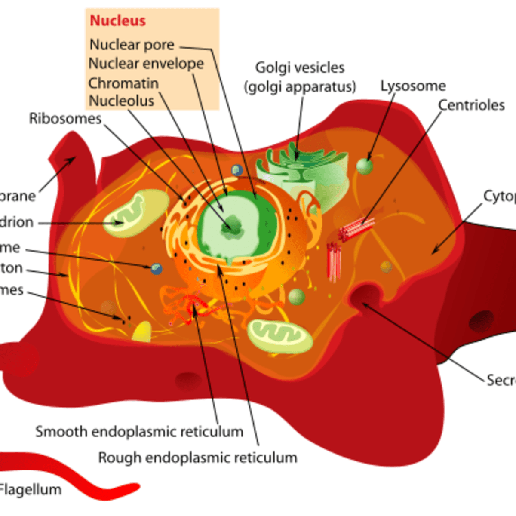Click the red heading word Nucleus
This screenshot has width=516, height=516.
coord(117,21)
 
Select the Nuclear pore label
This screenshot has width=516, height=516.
coord(132,45)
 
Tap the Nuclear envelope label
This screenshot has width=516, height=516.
coord(146,64)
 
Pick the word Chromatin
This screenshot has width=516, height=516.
coord(123,83)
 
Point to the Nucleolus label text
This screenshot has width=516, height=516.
coord(121,101)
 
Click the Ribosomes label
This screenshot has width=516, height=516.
coord(65,119)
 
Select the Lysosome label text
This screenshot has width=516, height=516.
coord(413,86)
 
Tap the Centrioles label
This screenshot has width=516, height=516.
coord(471,105)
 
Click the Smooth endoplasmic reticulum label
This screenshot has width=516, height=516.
coord(139,432)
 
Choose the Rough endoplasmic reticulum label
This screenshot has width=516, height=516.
coord(198,458)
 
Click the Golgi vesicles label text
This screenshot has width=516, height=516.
coord(300,68)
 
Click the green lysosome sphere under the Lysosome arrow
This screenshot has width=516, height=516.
coord(364,166)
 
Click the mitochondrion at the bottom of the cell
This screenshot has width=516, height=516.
coord(280,337)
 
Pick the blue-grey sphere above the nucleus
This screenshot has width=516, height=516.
coord(236,170)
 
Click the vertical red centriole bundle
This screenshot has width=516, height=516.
coord(334,261)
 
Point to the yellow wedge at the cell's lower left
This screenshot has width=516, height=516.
coord(142,332)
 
